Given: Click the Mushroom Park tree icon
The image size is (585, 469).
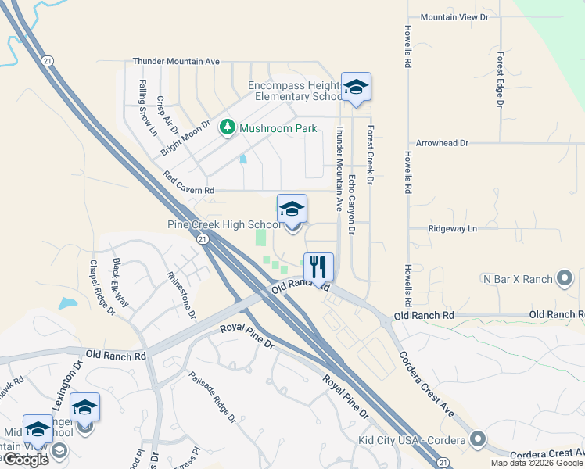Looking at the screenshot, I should tap(228, 127).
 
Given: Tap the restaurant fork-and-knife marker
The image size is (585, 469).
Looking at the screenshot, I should tap(318, 267).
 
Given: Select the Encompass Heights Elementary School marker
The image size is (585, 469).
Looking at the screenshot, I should tap(356, 89).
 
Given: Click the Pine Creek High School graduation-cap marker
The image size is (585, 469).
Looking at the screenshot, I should tap(292, 210).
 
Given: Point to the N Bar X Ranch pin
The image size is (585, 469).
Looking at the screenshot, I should tap(565, 278).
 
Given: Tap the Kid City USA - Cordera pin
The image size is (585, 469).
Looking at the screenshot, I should tap(477, 441).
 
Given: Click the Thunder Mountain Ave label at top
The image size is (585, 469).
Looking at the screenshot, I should tap(177, 61).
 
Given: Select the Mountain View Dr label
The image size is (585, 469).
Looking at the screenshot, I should tap(454, 16).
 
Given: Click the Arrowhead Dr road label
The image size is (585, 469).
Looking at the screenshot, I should tap(442, 144).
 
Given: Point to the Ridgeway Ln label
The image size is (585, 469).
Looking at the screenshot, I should tap(452, 228).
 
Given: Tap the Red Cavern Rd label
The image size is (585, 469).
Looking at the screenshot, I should tap(188, 184).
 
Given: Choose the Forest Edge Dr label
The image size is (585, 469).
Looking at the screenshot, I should tap(499, 79).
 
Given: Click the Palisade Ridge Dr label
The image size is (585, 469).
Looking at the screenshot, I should tap(212, 397).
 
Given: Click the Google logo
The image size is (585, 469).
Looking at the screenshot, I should tap(26, 460).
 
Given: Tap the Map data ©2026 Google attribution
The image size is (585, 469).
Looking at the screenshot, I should tap(537, 463).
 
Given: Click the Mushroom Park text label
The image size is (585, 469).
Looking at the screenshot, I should tap(278, 128).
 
